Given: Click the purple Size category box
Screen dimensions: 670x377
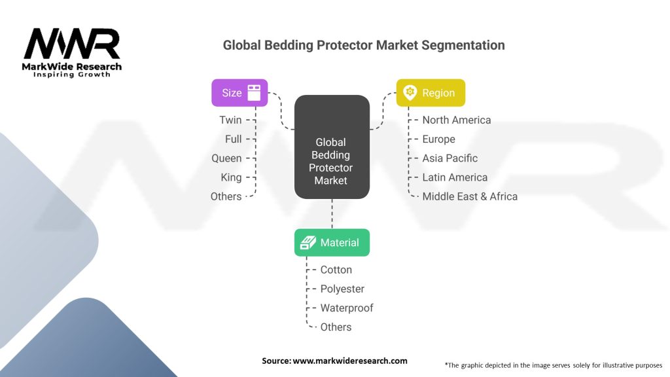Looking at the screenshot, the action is click(239, 93).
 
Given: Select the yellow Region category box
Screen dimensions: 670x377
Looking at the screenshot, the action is click(431, 93).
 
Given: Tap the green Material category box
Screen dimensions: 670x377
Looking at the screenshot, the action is click(332, 242).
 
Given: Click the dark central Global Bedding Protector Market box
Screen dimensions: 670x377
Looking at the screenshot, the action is click(332, 147).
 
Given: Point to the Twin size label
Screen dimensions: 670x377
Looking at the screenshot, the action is click(231, 120).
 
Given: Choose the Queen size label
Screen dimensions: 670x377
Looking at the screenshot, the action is click(226, 158).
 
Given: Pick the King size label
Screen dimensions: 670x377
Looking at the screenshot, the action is click(231, 177).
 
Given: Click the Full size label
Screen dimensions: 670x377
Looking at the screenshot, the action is click(234, 139).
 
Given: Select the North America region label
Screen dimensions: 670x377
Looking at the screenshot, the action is click(456, 120).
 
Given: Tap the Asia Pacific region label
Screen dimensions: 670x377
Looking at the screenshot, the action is click(450, 158).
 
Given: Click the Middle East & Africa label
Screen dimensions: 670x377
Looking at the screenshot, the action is click(470, 196).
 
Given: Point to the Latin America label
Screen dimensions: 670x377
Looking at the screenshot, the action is click(455, 177).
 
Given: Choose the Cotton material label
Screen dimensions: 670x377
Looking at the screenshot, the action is click(336, 270).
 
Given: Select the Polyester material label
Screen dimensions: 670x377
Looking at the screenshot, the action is click(342, 289).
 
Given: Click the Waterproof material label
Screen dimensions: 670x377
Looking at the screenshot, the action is click(347, 308).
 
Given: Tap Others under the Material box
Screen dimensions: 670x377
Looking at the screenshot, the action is click(336, 327).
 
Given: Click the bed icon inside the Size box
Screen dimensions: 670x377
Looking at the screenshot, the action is click(254, 92).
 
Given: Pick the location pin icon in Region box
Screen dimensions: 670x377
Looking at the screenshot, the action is click(410, 93).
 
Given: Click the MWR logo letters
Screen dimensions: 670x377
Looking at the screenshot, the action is click(72, 43).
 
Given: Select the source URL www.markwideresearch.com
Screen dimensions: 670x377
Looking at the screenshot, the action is click(350, 361).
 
